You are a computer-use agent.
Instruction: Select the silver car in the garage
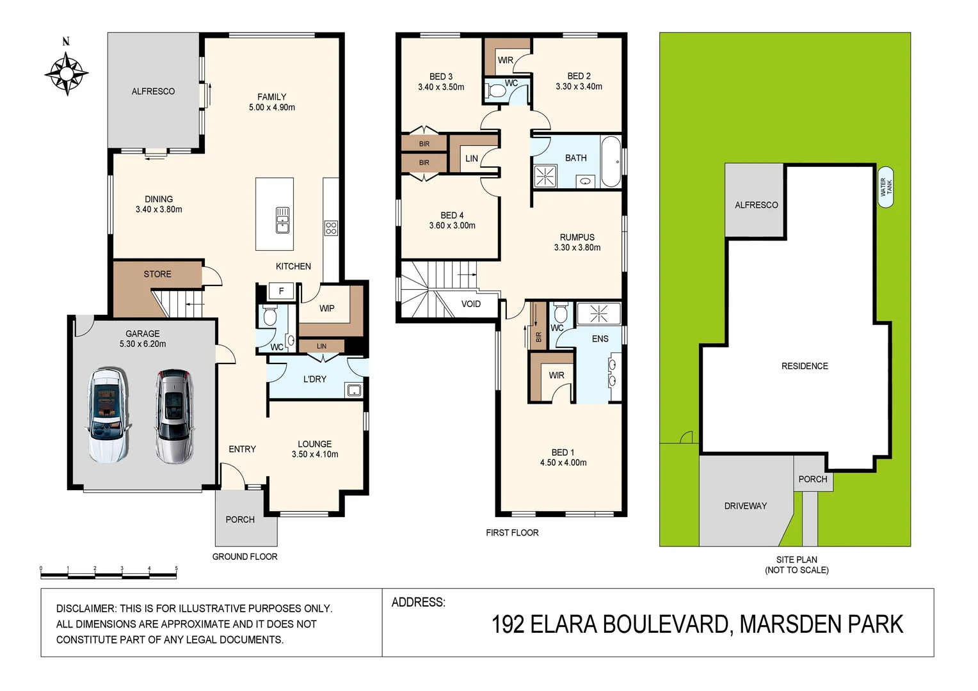point(173,416)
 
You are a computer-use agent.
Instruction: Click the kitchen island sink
point(282,219)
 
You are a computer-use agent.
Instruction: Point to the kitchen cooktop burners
point(331,228)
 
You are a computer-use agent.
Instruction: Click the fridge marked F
point(281,291)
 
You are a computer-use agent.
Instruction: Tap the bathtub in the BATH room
point(611,161)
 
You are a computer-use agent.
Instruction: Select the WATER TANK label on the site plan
point(886,187)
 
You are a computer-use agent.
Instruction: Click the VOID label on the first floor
point(470,304)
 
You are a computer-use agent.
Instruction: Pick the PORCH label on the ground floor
point(240,520)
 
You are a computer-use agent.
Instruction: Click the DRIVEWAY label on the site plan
point(745,506)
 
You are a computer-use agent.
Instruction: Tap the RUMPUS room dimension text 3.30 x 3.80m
point(577,248)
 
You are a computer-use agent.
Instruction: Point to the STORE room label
point(157,274)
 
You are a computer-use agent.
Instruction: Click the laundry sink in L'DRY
point(353,390)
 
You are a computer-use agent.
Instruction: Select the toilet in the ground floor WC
point(269,316)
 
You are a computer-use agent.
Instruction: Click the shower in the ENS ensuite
point(598,314)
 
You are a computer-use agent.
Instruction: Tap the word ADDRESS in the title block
point(417,603)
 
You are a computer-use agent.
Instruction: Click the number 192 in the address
point(508,624)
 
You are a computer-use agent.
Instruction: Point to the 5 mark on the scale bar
point(176,569)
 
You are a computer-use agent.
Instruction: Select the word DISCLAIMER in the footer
point(86,608)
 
